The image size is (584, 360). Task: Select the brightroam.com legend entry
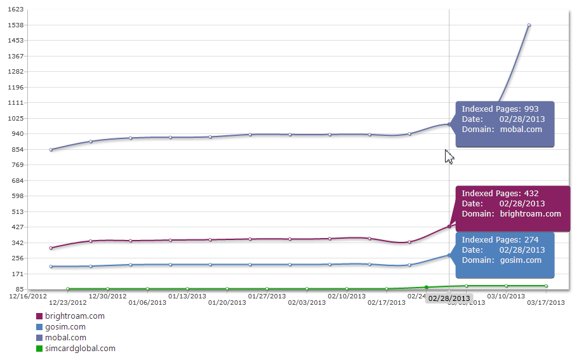(74, 316)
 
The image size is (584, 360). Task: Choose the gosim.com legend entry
(65, 327)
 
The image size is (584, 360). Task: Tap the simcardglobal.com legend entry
(80, 349)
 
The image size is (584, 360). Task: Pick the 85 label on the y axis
(20, 290)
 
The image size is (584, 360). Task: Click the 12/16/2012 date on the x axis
(27, 296)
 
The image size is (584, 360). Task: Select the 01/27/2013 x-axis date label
(267, 296)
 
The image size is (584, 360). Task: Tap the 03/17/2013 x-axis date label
(547, 303)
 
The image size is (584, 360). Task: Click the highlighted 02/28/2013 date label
(449, 298)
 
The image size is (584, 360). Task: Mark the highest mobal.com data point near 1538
(529, 25)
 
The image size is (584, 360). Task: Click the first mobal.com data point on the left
(51, 150)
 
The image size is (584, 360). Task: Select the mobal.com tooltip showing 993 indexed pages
(505, 124)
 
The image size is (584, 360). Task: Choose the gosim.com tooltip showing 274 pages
(505, 255)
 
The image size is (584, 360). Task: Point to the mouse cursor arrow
(449, 156)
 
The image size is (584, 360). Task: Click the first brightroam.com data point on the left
(51, 248)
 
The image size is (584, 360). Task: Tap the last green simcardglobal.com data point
(546, 286)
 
